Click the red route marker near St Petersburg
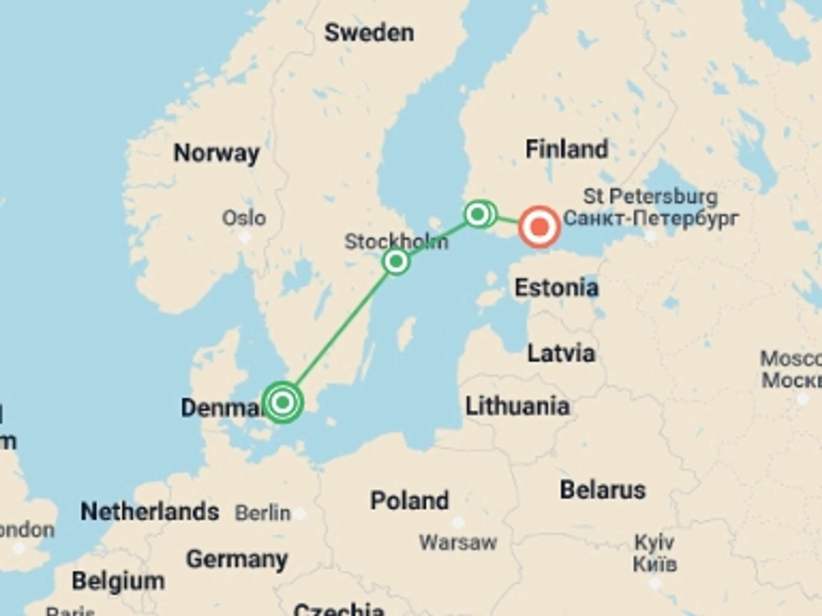tap(539, 227)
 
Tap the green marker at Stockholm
tap(396, 261)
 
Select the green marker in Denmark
tap(283, 402)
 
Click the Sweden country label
tap(369, 33)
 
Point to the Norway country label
tap(216, 153)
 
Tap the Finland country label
tap(566, 149)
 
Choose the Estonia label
tap(556, 287)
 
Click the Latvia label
tap(561, 353)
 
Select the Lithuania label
tap(517, 406)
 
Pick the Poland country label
tap(409, 500)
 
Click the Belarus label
tap(602, 490)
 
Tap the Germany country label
tap(237, 559)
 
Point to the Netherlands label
tap(150, 511)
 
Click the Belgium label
tap(118, 580)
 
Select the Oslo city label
tap(244, 218)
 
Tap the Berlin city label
tap(262, 512)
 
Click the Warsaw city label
tap(458, 542)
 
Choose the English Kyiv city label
tap(654, 542)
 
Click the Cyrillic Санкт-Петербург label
tap(651, 218)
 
